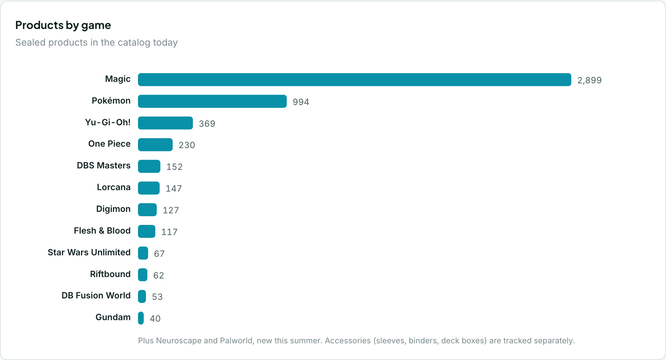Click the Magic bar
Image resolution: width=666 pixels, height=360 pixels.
[355, 80]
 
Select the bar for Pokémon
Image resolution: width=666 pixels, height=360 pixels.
[212, 101]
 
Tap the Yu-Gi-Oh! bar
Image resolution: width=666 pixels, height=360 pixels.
[165, 123]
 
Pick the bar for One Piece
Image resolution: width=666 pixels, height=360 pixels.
[155, 145]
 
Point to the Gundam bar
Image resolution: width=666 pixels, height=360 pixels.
[141, 318]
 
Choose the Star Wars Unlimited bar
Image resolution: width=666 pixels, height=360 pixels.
[143, 253]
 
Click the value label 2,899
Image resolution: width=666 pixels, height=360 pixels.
[589, 80]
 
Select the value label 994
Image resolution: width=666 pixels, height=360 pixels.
[301, 102]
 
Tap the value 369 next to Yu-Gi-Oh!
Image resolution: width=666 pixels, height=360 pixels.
[207, 124]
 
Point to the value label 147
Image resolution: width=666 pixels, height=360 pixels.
[174, 189]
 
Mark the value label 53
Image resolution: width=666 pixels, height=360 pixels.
[157, 297]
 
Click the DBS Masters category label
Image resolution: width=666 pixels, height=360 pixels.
[104, 166]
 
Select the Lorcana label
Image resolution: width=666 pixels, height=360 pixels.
[114, 187]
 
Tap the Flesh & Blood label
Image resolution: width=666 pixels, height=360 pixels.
[102, 231]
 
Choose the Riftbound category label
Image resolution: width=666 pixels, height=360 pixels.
[110, 274]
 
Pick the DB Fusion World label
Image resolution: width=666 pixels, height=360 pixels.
[96, 296]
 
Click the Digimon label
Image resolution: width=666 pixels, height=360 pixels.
[113, 209]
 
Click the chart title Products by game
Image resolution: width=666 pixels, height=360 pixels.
[63, 25]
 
